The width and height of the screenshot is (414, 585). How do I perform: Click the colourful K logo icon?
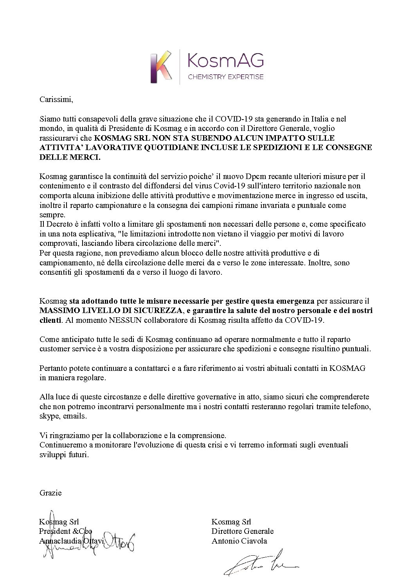pos(162,67)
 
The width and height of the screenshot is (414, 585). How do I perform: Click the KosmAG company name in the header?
pos(226,61)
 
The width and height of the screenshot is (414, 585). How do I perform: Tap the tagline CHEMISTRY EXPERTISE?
pos(226,77)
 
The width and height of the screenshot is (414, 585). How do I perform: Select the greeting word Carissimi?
pos(56,99)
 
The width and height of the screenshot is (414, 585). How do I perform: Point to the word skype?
pos(48,416)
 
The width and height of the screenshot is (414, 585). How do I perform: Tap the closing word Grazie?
pos(50,493)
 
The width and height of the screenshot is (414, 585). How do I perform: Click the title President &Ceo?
pos(66,531)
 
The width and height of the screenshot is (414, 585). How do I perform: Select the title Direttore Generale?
pos(243,531)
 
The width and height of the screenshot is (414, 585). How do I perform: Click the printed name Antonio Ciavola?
pos(239,541)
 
